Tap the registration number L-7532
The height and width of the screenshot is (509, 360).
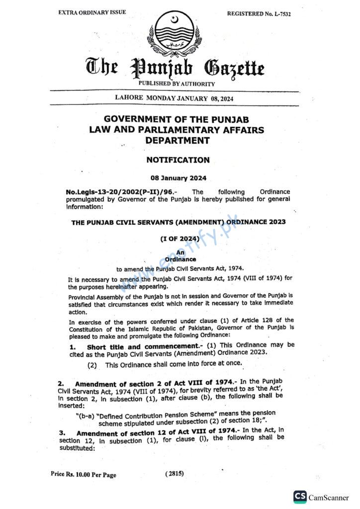pos(259,14)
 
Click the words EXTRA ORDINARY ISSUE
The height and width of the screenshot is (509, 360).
pos(92,12)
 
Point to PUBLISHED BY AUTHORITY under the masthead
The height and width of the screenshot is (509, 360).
pos(177,84)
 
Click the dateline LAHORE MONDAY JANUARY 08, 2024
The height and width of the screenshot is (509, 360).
pos(174,98)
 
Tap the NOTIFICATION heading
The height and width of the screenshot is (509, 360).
pos(178,160)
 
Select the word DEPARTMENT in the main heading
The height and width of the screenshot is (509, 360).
pos(178,141)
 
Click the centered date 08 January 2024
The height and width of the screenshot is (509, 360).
pos(178,178)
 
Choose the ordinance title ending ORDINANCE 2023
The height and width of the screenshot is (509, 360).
pos(179,222)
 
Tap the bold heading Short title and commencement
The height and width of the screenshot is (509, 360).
pos(142,346)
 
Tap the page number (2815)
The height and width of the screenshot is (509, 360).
pos(175,474)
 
